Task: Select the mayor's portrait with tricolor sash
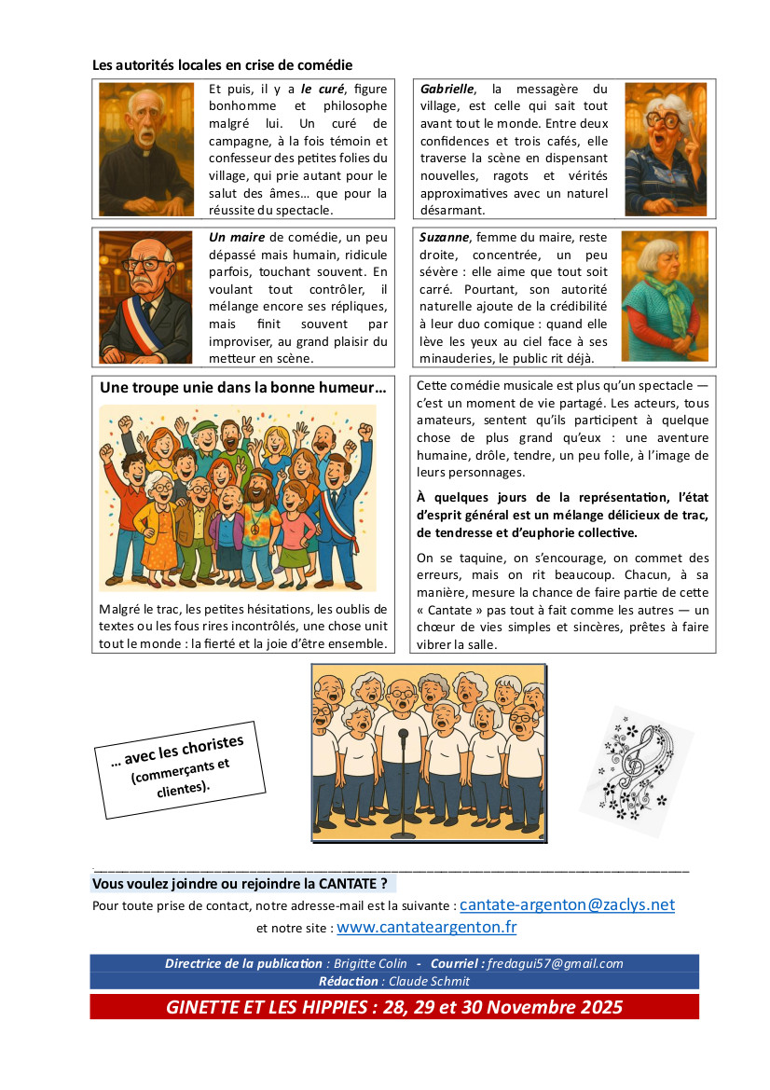(145, 297)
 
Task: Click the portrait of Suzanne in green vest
(665, 297)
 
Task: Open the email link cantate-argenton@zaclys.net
(567, 904)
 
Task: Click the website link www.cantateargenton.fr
(426, 927)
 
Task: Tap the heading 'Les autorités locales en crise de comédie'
(222, 65)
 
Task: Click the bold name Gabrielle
(447, 89)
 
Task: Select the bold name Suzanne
(445, 237)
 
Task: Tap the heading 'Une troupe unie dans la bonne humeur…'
(242, 387)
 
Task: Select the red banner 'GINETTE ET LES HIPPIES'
(393, 1007)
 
